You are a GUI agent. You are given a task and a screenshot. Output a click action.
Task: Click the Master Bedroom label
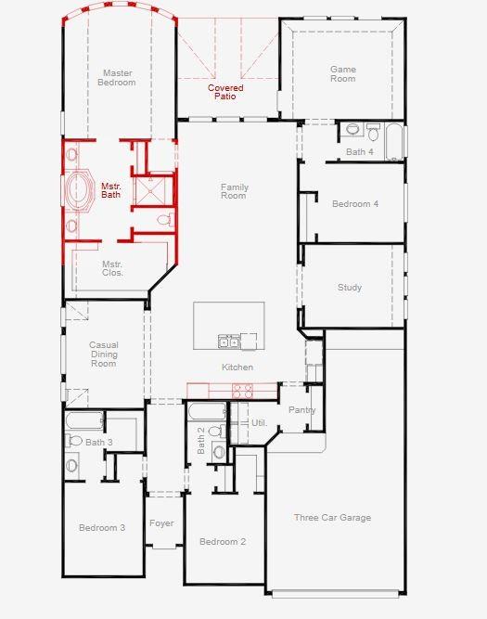click(117, 78)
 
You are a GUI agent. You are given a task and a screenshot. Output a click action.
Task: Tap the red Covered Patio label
click(225, 92)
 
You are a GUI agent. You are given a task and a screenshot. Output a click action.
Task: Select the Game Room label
click(343, 74)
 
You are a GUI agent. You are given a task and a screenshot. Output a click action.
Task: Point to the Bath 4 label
click(360, 151)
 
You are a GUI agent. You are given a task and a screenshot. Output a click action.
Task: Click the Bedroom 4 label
click(355, 204)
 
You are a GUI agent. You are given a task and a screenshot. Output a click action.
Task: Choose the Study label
click(350, 288)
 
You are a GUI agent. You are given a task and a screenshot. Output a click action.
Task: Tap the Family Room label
click(234, 192)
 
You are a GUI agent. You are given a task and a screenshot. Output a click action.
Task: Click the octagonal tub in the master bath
click(77, 190)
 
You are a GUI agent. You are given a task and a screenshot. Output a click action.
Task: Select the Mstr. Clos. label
click(112, 268)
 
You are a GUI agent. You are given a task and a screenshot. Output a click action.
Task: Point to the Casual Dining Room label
click(104, 355)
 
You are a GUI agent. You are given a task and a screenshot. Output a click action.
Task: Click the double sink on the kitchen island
click(229, 342)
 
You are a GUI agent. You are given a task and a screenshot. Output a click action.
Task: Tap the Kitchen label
click(237, 368)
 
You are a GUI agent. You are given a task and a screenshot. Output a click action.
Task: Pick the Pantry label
click(302, 410)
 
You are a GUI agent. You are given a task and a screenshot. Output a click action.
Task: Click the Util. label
click(259, 423)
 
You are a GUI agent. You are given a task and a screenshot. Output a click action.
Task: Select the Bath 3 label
click(98, 443)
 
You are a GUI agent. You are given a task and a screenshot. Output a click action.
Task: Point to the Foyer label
click(161, 523)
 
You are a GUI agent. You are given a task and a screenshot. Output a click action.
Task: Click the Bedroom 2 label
click(223, 542)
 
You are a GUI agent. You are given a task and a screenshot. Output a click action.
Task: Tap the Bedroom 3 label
click(102, 528)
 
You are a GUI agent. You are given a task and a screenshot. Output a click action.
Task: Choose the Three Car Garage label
click(332, 518)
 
